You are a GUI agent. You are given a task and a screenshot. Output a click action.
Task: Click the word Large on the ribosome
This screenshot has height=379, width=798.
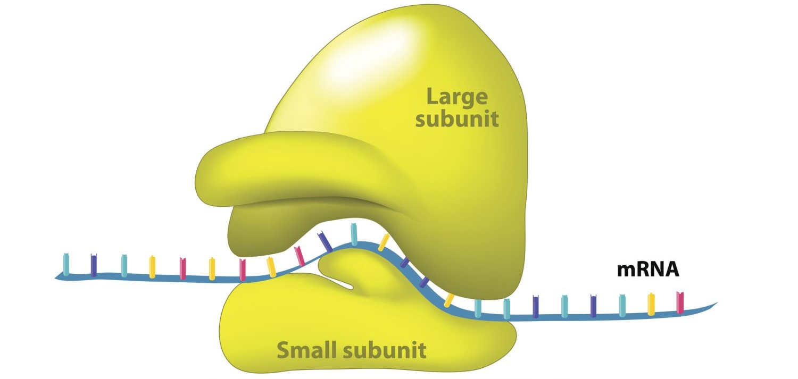pyautogui.click(x=457, y=97)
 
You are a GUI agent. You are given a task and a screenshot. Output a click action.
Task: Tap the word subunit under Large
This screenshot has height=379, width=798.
pyautogui.click(x=457, y=120)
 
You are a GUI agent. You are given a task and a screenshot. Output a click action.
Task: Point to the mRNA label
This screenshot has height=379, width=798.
pyautogui.click(x=648, y=269)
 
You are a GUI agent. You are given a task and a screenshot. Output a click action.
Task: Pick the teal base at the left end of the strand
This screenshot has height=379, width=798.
pyautogui.click(x=66, y=264)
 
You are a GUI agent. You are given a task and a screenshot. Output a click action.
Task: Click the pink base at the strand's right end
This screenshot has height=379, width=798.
pyautogui.click(x=679, y=302)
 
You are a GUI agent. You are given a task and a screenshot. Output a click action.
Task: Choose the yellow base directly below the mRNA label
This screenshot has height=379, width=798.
pyautogui.click(x=651, y=304)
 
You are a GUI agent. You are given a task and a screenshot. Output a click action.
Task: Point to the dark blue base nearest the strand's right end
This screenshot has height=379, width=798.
pyautogui.click(x=593, y=305)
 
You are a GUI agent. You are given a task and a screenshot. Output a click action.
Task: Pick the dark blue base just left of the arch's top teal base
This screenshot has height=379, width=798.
pyautogui.click(x=325, y=242)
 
